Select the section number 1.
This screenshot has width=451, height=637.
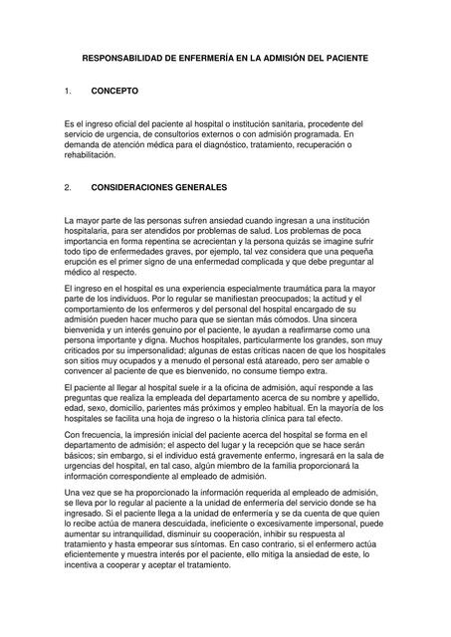(67, 91)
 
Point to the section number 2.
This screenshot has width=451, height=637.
(67, 186)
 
